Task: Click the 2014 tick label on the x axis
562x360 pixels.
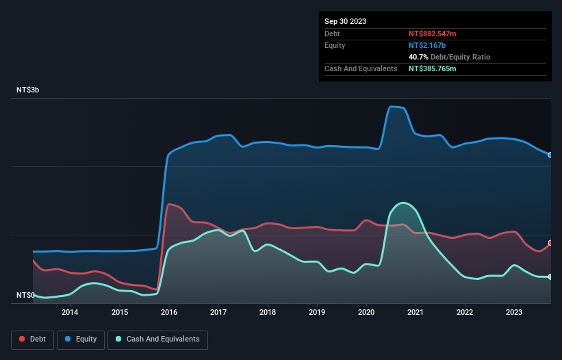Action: click(x=69, y=313)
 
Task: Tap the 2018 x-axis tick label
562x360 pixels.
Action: click(x=267, y=313)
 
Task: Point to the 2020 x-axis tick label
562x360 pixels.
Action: click(x=366, y=313)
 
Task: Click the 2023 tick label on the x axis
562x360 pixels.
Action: click(x=514, y=313)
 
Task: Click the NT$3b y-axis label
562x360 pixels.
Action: click(x=28, y=90)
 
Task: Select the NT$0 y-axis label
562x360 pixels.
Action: click(x=25, y=295)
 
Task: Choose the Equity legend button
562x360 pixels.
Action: click(x=81, y=339)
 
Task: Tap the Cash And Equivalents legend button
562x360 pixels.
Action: click(x=157, y=339)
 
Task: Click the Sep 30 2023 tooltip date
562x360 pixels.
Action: click(x=345, y=21)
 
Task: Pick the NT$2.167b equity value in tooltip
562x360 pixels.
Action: click(x=428, y=45)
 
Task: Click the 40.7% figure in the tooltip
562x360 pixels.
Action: click(x=419, y=57)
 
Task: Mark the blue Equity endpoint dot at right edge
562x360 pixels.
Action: click(x=550, y=155)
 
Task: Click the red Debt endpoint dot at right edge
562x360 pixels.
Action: click(x=550, y=243)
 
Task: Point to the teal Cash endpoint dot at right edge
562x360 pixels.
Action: click(x=550, y=277)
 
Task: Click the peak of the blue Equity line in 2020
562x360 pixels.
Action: click(x=392, y=106)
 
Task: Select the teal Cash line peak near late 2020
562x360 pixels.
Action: click(x=404, y=203)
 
